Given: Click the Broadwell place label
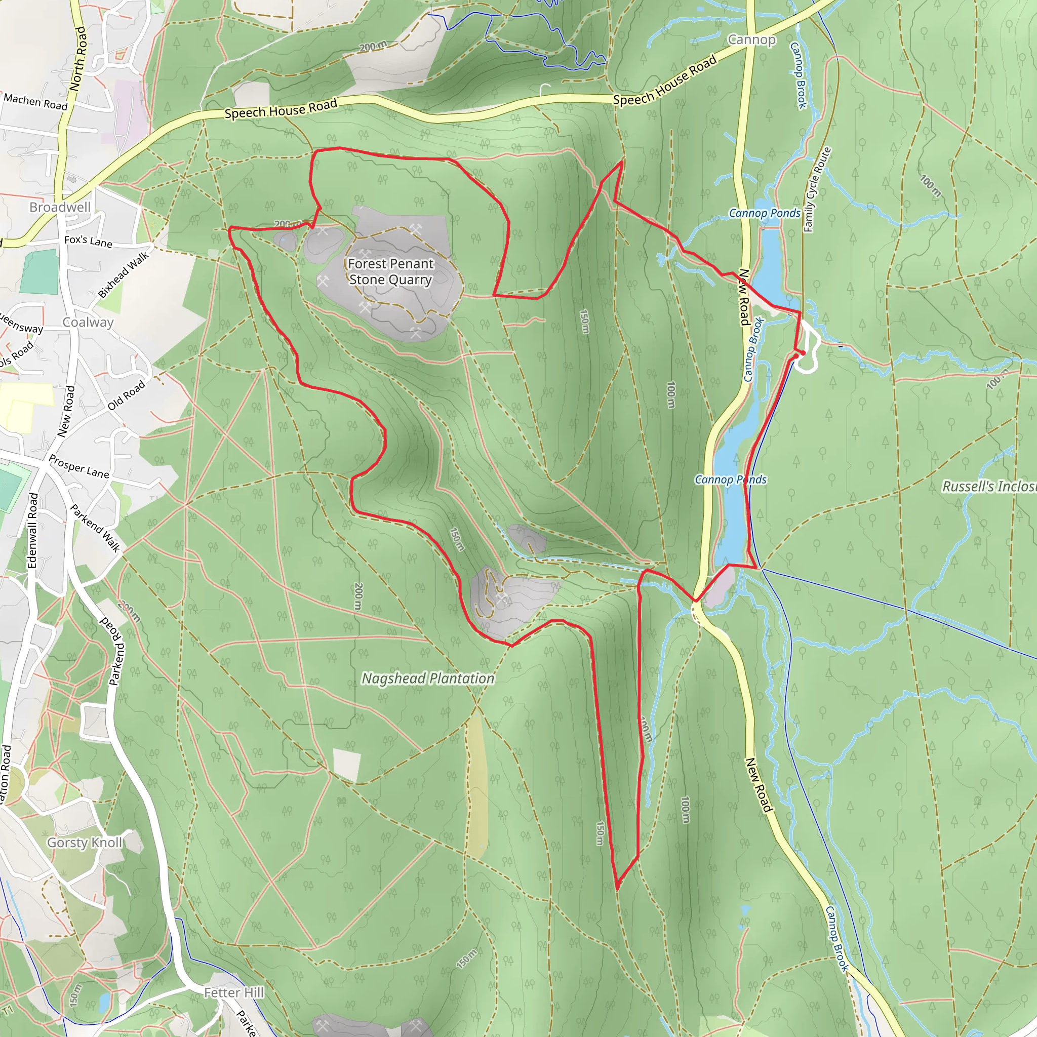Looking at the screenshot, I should coord(60,207).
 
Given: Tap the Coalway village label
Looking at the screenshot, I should coord(88,322).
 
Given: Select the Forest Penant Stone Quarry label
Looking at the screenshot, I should coord(390,271).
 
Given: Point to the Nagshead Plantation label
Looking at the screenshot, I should coord(428,679).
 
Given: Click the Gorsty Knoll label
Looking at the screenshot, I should coord(85,842).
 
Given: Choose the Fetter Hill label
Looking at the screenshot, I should coord(233,992).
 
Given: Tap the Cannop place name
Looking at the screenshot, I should coord(751,39).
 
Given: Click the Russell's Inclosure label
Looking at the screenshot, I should coord(989,486).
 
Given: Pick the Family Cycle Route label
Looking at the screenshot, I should coord(817,189).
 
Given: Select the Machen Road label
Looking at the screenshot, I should coord(35,101).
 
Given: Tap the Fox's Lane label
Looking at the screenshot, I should coord(88,242).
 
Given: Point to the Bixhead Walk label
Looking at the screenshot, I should coord(124,275).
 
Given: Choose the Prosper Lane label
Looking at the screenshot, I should coord(79,466).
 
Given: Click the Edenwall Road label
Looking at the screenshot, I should coord(33,530).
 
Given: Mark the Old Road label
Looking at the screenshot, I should coord(126,395).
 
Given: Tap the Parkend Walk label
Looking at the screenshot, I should coord(95,528).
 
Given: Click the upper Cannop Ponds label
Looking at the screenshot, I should coord(764,213).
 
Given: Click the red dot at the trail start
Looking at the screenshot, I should coord(796,355).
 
